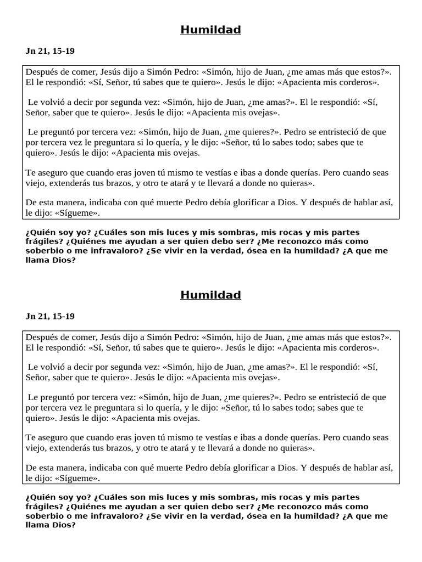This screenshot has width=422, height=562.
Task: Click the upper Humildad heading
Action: point(210,30)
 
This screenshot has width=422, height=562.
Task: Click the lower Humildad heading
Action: point(210,295)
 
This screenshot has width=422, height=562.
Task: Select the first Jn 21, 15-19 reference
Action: point(50,52)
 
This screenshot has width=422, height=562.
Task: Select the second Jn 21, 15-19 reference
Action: point(50,317)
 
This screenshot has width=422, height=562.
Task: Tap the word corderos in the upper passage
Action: point(358,83)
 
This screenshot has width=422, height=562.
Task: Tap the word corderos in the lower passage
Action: point(358,348)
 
